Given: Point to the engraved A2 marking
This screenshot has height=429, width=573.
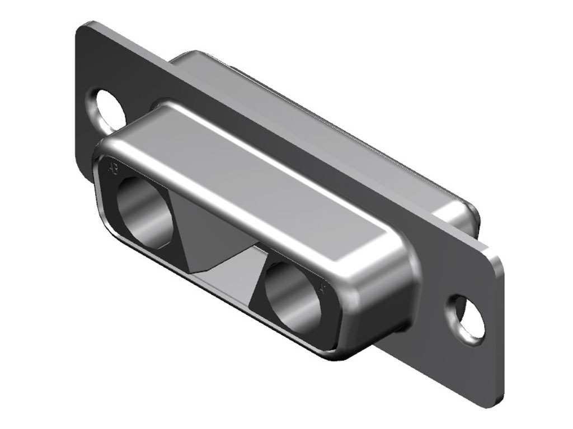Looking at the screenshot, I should coord(113,168).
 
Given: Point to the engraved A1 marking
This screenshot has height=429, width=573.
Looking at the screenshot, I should coord(322,288).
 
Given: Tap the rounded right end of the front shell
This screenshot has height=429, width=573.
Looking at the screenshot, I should coord(386,290).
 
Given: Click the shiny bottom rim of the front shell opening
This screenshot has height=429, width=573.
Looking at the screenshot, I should coord(224,296).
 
